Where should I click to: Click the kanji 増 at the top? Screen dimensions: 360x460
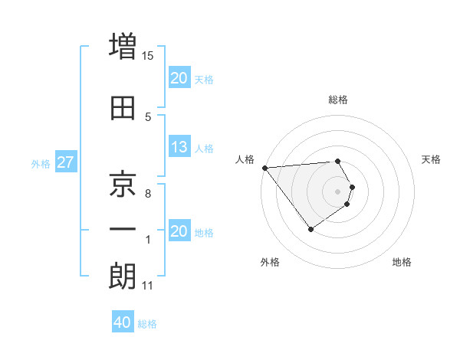click(123, 45)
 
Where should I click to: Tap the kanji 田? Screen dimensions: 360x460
click(123, 108)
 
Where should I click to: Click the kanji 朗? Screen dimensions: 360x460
click(123, 277)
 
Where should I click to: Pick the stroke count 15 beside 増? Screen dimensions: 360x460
click(148, 55)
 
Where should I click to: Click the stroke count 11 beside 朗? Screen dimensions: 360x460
click(147, 286)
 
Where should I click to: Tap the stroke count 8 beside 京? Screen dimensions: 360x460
click(148, 193)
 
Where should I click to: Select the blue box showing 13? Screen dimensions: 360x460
click(179, 148)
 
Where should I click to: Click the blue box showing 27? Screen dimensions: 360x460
click(66, 162)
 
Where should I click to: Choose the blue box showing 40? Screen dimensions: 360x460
click(123, 322)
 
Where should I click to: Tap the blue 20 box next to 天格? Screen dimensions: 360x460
click(179, 77)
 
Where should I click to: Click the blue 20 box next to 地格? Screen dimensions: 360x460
click(179, 231)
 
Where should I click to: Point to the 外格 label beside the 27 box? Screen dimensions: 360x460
click(41, 163)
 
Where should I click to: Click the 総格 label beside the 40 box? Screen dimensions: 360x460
click(147, 324)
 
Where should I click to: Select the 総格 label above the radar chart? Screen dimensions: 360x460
click(338, 100)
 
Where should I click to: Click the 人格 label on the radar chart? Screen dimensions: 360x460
click(245, 159)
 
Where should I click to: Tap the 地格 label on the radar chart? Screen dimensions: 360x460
click(402, 262)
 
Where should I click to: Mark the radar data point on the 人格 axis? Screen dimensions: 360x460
click(264, 168)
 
